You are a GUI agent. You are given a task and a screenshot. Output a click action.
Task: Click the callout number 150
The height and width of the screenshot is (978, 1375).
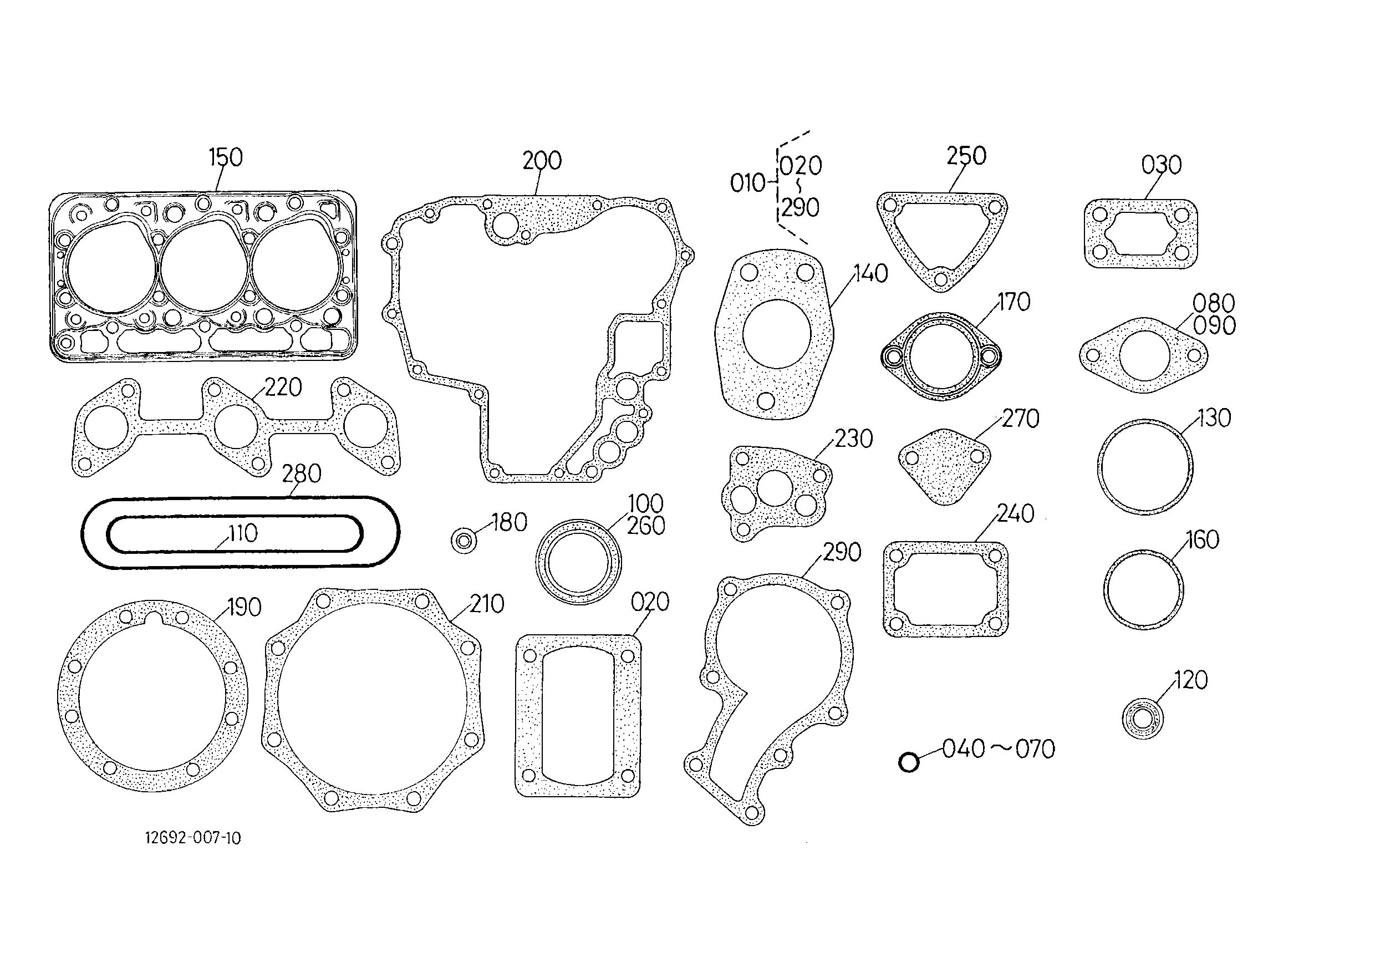click(x=225, y=157)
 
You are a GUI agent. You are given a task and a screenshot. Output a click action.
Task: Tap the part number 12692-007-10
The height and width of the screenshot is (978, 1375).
click(x=193, y=838)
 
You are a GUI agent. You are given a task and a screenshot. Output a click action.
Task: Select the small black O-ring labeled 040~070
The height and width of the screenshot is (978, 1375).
click(x=908, y=762)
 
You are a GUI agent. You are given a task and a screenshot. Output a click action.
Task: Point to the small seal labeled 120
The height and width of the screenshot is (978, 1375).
click(x=1143, y=718)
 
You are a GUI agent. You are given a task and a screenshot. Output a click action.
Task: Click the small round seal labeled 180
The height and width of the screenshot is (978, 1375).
click(x=464, y=541)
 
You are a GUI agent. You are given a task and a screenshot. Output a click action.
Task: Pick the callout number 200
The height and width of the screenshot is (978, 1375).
click(x=542, y=161)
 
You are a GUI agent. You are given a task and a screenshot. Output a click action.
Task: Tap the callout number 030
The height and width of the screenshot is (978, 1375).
click(x=1161, y=165)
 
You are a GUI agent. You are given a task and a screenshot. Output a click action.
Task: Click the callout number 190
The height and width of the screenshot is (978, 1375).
click(x=245, y=607)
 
